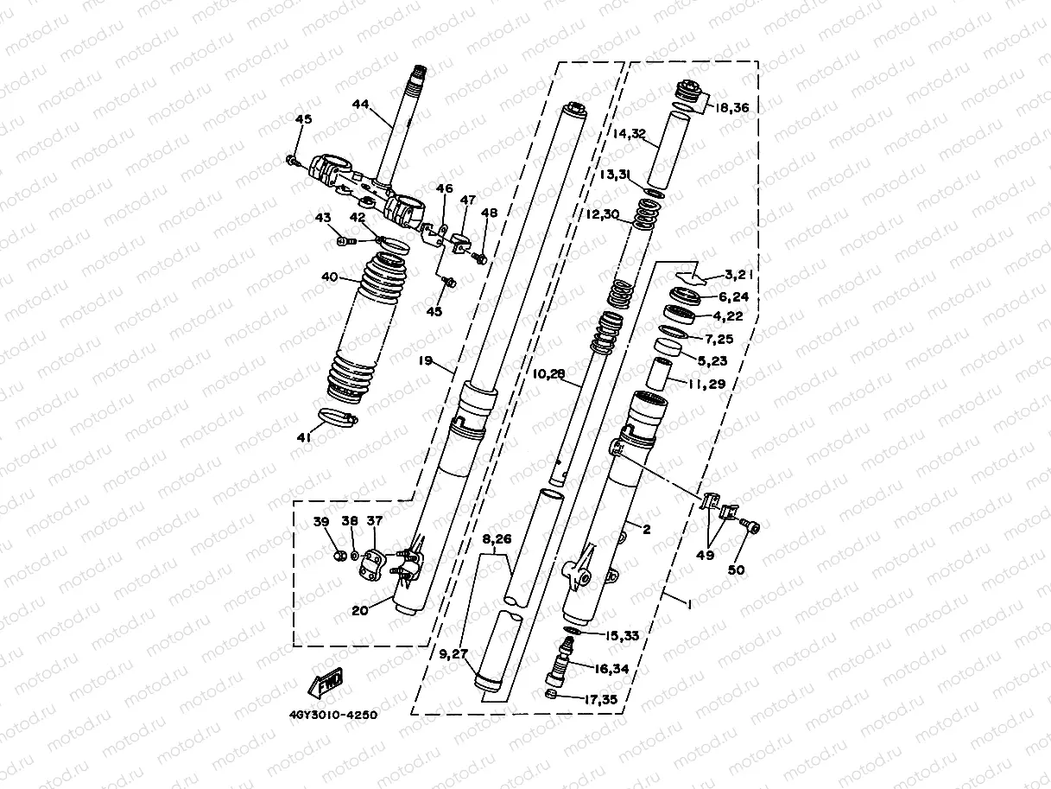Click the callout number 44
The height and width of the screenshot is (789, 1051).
click(360, 105)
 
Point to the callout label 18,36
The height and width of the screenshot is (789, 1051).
click(730, 108)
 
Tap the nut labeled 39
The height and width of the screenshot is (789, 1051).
click(340, 553)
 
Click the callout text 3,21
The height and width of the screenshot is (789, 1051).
click(740, 275)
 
